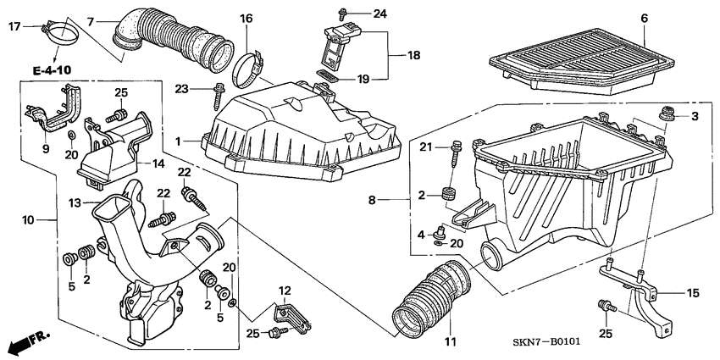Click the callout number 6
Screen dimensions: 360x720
644,19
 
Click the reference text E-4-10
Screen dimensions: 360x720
52,69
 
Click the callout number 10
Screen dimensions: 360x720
28,220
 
